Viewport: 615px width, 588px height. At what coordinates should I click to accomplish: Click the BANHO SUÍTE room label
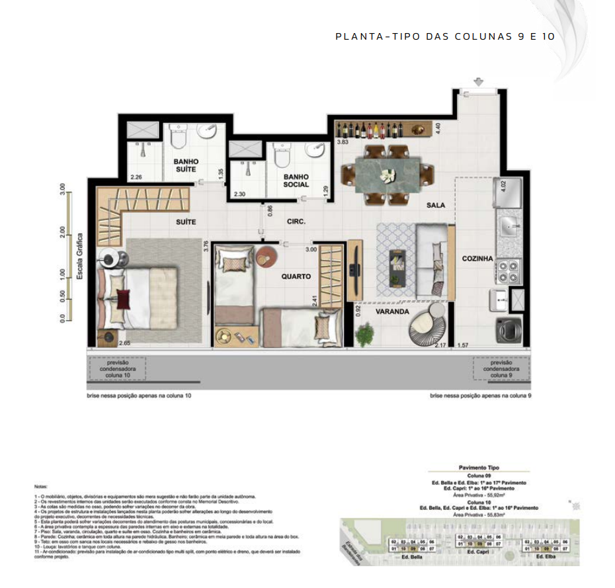186,166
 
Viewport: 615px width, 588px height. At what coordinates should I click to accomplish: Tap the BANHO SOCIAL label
296,181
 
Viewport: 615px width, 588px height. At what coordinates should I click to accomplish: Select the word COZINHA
477,259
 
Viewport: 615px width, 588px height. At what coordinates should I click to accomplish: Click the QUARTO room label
296,277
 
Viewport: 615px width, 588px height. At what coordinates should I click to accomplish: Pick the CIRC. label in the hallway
296,222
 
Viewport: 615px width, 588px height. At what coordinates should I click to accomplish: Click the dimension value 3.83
343,142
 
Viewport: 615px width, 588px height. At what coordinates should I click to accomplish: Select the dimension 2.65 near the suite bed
124,343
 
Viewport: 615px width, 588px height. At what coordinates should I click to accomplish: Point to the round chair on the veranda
427,327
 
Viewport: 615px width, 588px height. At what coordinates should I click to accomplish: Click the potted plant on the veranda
364,335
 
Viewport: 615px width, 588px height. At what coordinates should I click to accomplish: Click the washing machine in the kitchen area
509,329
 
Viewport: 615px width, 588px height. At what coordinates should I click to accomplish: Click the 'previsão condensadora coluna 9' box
501,369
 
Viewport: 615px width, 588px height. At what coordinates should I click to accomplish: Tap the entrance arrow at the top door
478,81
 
